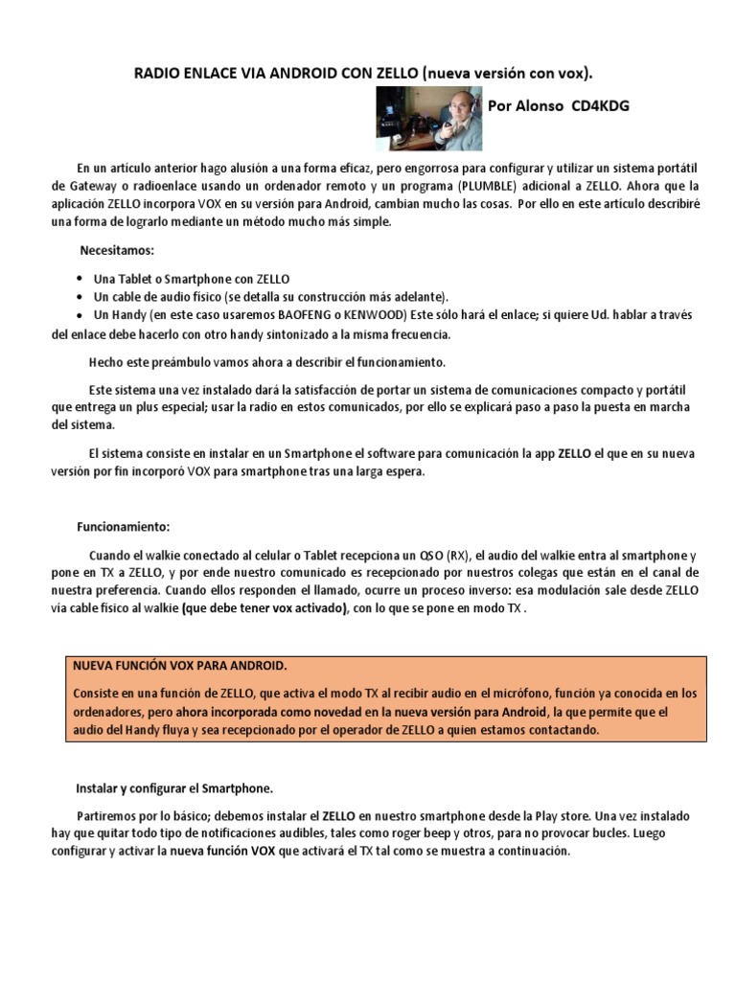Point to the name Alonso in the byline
click(x=539, y=106)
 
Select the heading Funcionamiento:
click(x=123, y=527)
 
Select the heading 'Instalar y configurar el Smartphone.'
click(x=174, y=788)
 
